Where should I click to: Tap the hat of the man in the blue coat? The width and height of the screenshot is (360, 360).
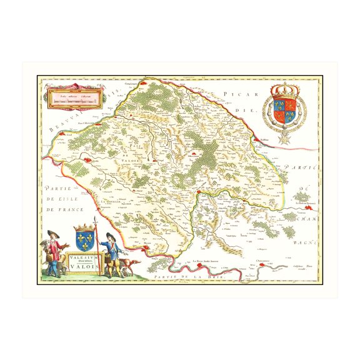109,236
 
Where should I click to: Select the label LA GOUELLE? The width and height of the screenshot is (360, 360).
111,201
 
